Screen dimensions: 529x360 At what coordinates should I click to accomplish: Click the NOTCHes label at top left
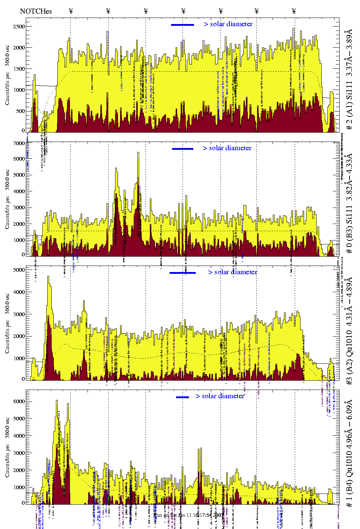click(36, 11)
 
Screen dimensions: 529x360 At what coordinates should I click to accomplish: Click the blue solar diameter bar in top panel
click(183, 25)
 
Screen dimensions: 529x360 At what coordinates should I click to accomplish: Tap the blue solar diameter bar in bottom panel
click(183, 397)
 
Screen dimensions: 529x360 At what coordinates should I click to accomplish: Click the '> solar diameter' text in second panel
click(227, 148)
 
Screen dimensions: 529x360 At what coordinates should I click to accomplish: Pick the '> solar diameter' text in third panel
click(232, 272)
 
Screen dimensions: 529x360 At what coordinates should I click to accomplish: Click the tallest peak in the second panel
click(138, 153)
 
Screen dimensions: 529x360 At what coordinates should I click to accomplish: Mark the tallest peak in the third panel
click(48, 277)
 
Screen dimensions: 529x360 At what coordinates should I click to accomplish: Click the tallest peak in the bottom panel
click(57, 401)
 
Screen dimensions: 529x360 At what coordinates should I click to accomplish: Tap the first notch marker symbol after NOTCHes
click(71, 11)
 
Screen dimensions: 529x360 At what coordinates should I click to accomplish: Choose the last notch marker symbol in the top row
click(294, 11)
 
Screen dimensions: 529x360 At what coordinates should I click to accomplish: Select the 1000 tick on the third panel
click(18, 358)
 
